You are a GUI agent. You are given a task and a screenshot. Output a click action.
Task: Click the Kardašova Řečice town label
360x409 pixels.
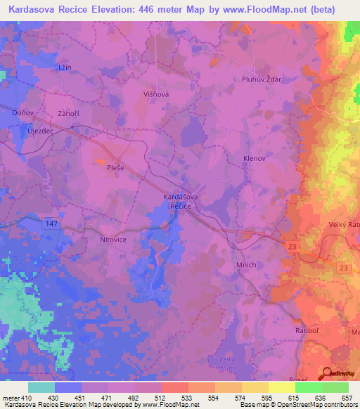pyautogui.click(x=181, y=201)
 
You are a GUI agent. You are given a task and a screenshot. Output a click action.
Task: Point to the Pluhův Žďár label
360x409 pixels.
pyautogui.click(x=262, y=79)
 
